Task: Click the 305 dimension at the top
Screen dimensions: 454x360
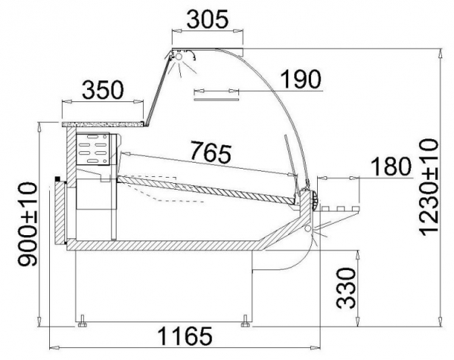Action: (207, 20)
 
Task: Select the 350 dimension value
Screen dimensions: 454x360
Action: (103, 90)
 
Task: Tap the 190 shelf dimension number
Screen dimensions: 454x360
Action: (301, 79)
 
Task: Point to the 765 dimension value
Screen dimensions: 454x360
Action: (212, 152)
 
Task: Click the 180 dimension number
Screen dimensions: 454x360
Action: (391, 166)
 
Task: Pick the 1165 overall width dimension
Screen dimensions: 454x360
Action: (185, 336)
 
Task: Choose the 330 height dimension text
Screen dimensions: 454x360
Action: (346, 288)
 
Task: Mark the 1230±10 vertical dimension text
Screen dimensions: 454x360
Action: (428, 188)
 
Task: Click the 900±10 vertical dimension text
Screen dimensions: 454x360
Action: (27, 224)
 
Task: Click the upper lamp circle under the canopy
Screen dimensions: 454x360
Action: (179, 56)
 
